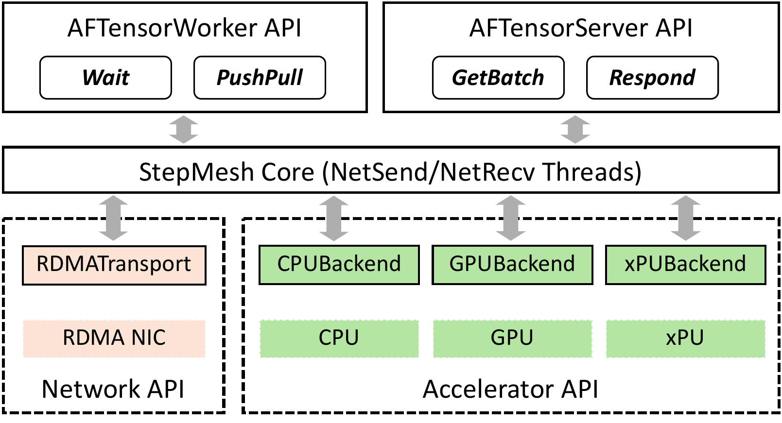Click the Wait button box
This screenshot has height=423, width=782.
tap(105, 78)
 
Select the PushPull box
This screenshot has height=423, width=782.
tap(260, 78)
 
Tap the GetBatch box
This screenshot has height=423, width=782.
tap(498, 78)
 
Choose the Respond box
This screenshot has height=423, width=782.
tap(652, 78)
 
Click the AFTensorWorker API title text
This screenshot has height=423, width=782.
tap(184, 28)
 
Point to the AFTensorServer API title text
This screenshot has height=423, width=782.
tap(581, 28)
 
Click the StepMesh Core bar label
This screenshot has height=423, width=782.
tap(390, 172)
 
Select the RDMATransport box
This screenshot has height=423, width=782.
tap(114, 265)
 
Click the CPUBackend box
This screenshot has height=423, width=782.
tap(339, 265)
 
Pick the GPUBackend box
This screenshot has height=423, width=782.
tap(512, 265)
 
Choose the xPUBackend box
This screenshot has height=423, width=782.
tap(685, 265)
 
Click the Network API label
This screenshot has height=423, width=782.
tap(113, 389)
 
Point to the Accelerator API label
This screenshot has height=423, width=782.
tap(510, 389)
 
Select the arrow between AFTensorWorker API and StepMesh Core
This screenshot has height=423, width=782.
tap(184, 130)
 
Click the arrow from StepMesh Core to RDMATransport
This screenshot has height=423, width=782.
tap(113, 218)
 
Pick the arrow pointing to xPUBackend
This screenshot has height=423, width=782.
tap(685, 218)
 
